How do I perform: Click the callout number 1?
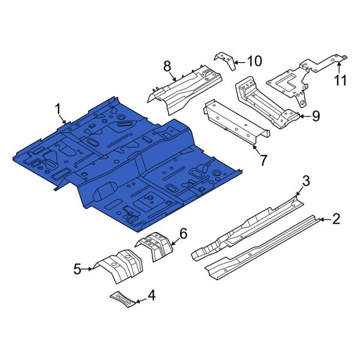[58, 109]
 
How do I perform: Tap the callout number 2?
[336, 219]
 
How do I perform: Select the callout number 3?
[306, 181]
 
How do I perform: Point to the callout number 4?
[152, 295]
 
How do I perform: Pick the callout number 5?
[77, 269]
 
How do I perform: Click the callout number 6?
[183, 233]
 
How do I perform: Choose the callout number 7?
[263, 160]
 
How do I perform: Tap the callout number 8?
[167, 67]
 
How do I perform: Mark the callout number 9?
[316, 116]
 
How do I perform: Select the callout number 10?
[254, 61]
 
